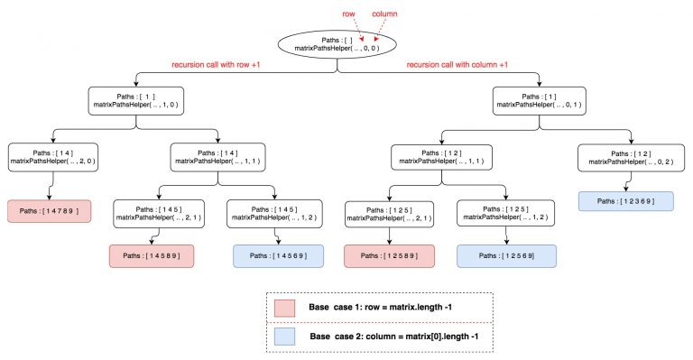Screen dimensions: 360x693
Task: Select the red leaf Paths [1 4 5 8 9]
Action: point(152,256)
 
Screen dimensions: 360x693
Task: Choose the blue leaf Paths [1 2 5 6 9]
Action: point(506,256)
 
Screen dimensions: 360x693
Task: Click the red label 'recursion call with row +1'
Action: point(221,65)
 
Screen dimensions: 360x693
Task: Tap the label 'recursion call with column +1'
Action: point(463,65)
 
